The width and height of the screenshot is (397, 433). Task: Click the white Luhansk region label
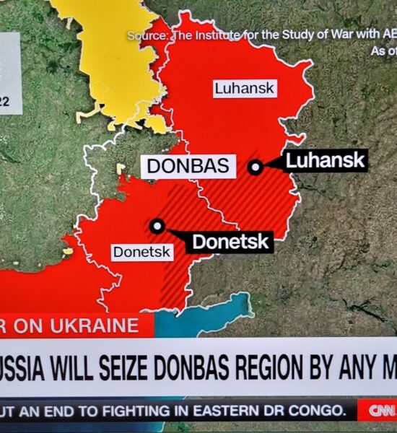245,89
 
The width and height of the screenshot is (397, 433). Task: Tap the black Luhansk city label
326,160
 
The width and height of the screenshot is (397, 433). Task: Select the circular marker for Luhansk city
255,167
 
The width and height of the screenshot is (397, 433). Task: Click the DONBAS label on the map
188,166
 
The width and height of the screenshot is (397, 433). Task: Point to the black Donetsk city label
231,242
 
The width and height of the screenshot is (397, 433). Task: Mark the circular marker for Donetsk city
157,226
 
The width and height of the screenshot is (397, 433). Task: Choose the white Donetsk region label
142,252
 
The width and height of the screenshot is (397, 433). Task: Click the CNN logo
380,411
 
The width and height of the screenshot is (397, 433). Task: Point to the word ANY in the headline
358,368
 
